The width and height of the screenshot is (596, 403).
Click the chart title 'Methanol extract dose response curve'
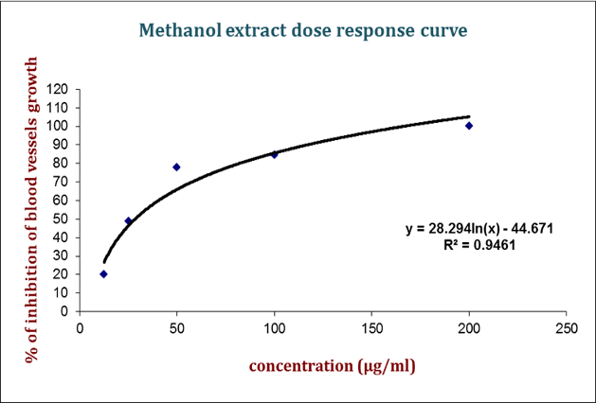(x=302, y=30)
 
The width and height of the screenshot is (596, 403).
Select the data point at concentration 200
(x=468, y=126)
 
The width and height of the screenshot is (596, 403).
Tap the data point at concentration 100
(x=274, y=154)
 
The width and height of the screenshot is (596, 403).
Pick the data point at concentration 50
(x=176, y=167)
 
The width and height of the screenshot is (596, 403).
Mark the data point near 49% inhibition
(x=128, y=221)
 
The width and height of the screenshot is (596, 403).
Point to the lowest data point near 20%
(x=103, y=274)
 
